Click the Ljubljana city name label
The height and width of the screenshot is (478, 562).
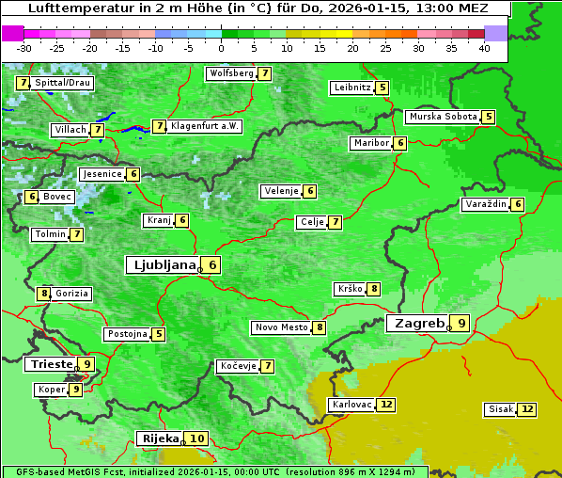click(x=162, y=265)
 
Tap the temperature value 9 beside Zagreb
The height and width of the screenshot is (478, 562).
click(x=461, y=324)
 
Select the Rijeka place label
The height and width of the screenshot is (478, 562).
click(x=159, y=438)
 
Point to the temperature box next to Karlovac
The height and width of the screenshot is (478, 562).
click(x=386, y=405)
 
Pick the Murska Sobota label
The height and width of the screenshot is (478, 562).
click(x=442, y=117)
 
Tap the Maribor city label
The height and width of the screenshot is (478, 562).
click(x=369, y=143)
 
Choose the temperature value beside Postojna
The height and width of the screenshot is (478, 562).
click(x=159, y=334)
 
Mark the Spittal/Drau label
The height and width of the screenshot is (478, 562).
click(x=63, y=83)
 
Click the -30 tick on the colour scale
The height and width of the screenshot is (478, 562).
click(x=24, y=48)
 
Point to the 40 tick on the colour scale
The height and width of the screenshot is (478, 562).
click(x=484, y=48)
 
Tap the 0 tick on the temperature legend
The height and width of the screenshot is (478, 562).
click(x=222, y=48)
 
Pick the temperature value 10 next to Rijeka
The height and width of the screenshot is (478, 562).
click(x=196, y=438)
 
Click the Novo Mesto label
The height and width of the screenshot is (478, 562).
click(x=282, y=327)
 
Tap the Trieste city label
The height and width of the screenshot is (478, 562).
click(x=51, y=364)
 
